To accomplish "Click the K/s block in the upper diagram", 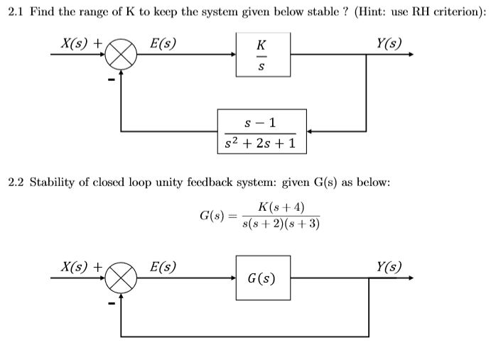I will tap(262, 55).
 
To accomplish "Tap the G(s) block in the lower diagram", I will tap(262, 278).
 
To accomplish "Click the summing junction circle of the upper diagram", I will tap(122, 55).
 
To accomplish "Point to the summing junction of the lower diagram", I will tap(122, 278).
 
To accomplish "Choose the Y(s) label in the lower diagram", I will tap(389, 267).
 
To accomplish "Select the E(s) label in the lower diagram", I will tap(163, 267).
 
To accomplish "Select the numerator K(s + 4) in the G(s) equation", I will tap(281, 207).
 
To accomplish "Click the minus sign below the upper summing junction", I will tap(111, 79).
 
